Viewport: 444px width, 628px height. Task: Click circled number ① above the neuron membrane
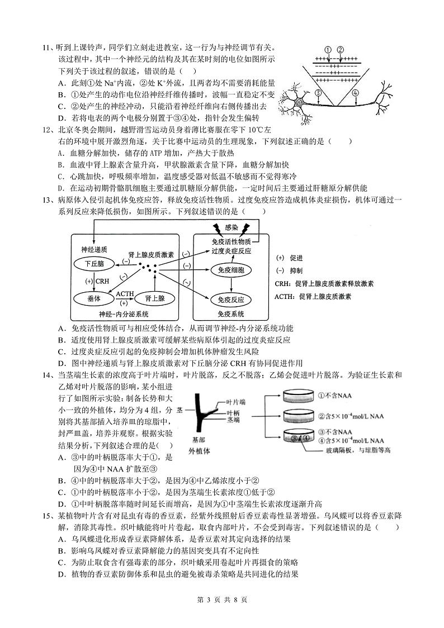click(x=328, y=49)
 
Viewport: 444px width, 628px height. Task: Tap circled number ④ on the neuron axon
click(x=355, y=93)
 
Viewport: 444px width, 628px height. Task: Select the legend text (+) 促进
click(x=290, y=258)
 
